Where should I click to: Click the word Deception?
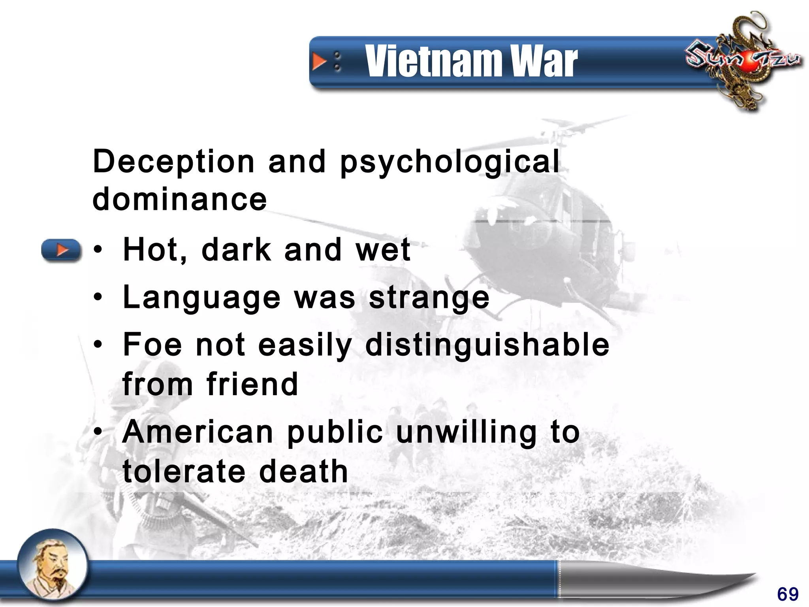(x=174, y=162)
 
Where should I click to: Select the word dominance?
(x=180, y=199)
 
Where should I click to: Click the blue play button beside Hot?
(x=61, y=250)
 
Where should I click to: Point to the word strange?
(x=429, y=299)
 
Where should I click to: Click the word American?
(x=198, y=432)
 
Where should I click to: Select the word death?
(x=303, y=471)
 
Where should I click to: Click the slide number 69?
(x=788, y=594)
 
